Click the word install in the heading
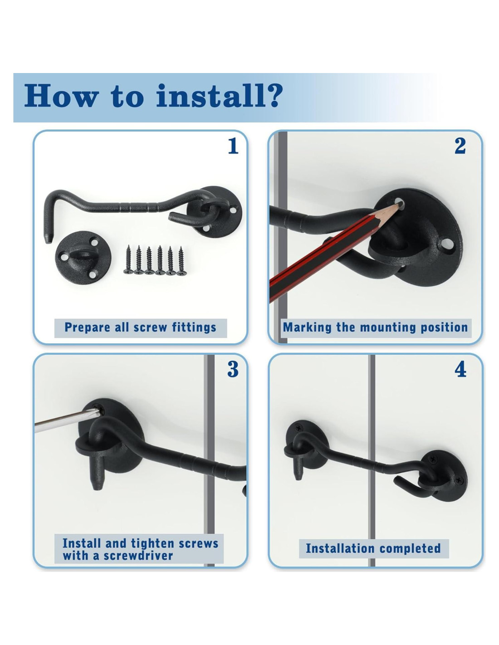tap(208, 95)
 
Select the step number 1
tap(233, 146)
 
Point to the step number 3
tap(233, 370)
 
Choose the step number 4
tap(460, 370)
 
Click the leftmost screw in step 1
tap(128, 259)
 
